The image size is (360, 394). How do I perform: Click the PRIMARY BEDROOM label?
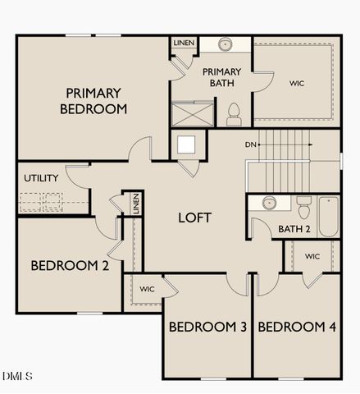click(x=96, y=100)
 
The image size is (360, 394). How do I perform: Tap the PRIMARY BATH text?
click(x=221, y=77)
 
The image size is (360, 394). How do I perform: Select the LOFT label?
click(x=195, y=218)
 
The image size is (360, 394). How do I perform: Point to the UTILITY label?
click(x=40, y=178)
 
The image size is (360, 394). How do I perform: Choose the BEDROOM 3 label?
click(x=207, y=327)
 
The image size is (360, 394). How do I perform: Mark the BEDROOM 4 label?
click(x=297, y=327)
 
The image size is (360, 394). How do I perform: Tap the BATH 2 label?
click(x=294, y=229)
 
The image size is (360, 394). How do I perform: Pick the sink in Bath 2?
click(x=268, y=202)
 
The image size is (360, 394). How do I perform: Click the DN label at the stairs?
click(x=251, y=145)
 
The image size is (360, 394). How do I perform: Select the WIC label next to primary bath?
click(x=297, y=83)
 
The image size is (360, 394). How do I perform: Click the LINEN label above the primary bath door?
click(x=182, y=42)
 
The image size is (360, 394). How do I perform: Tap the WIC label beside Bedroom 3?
click(x=147, y=289)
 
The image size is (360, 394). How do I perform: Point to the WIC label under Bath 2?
click(x=312, y=256)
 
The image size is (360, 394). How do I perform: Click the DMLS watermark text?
click(x=17, y=377)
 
